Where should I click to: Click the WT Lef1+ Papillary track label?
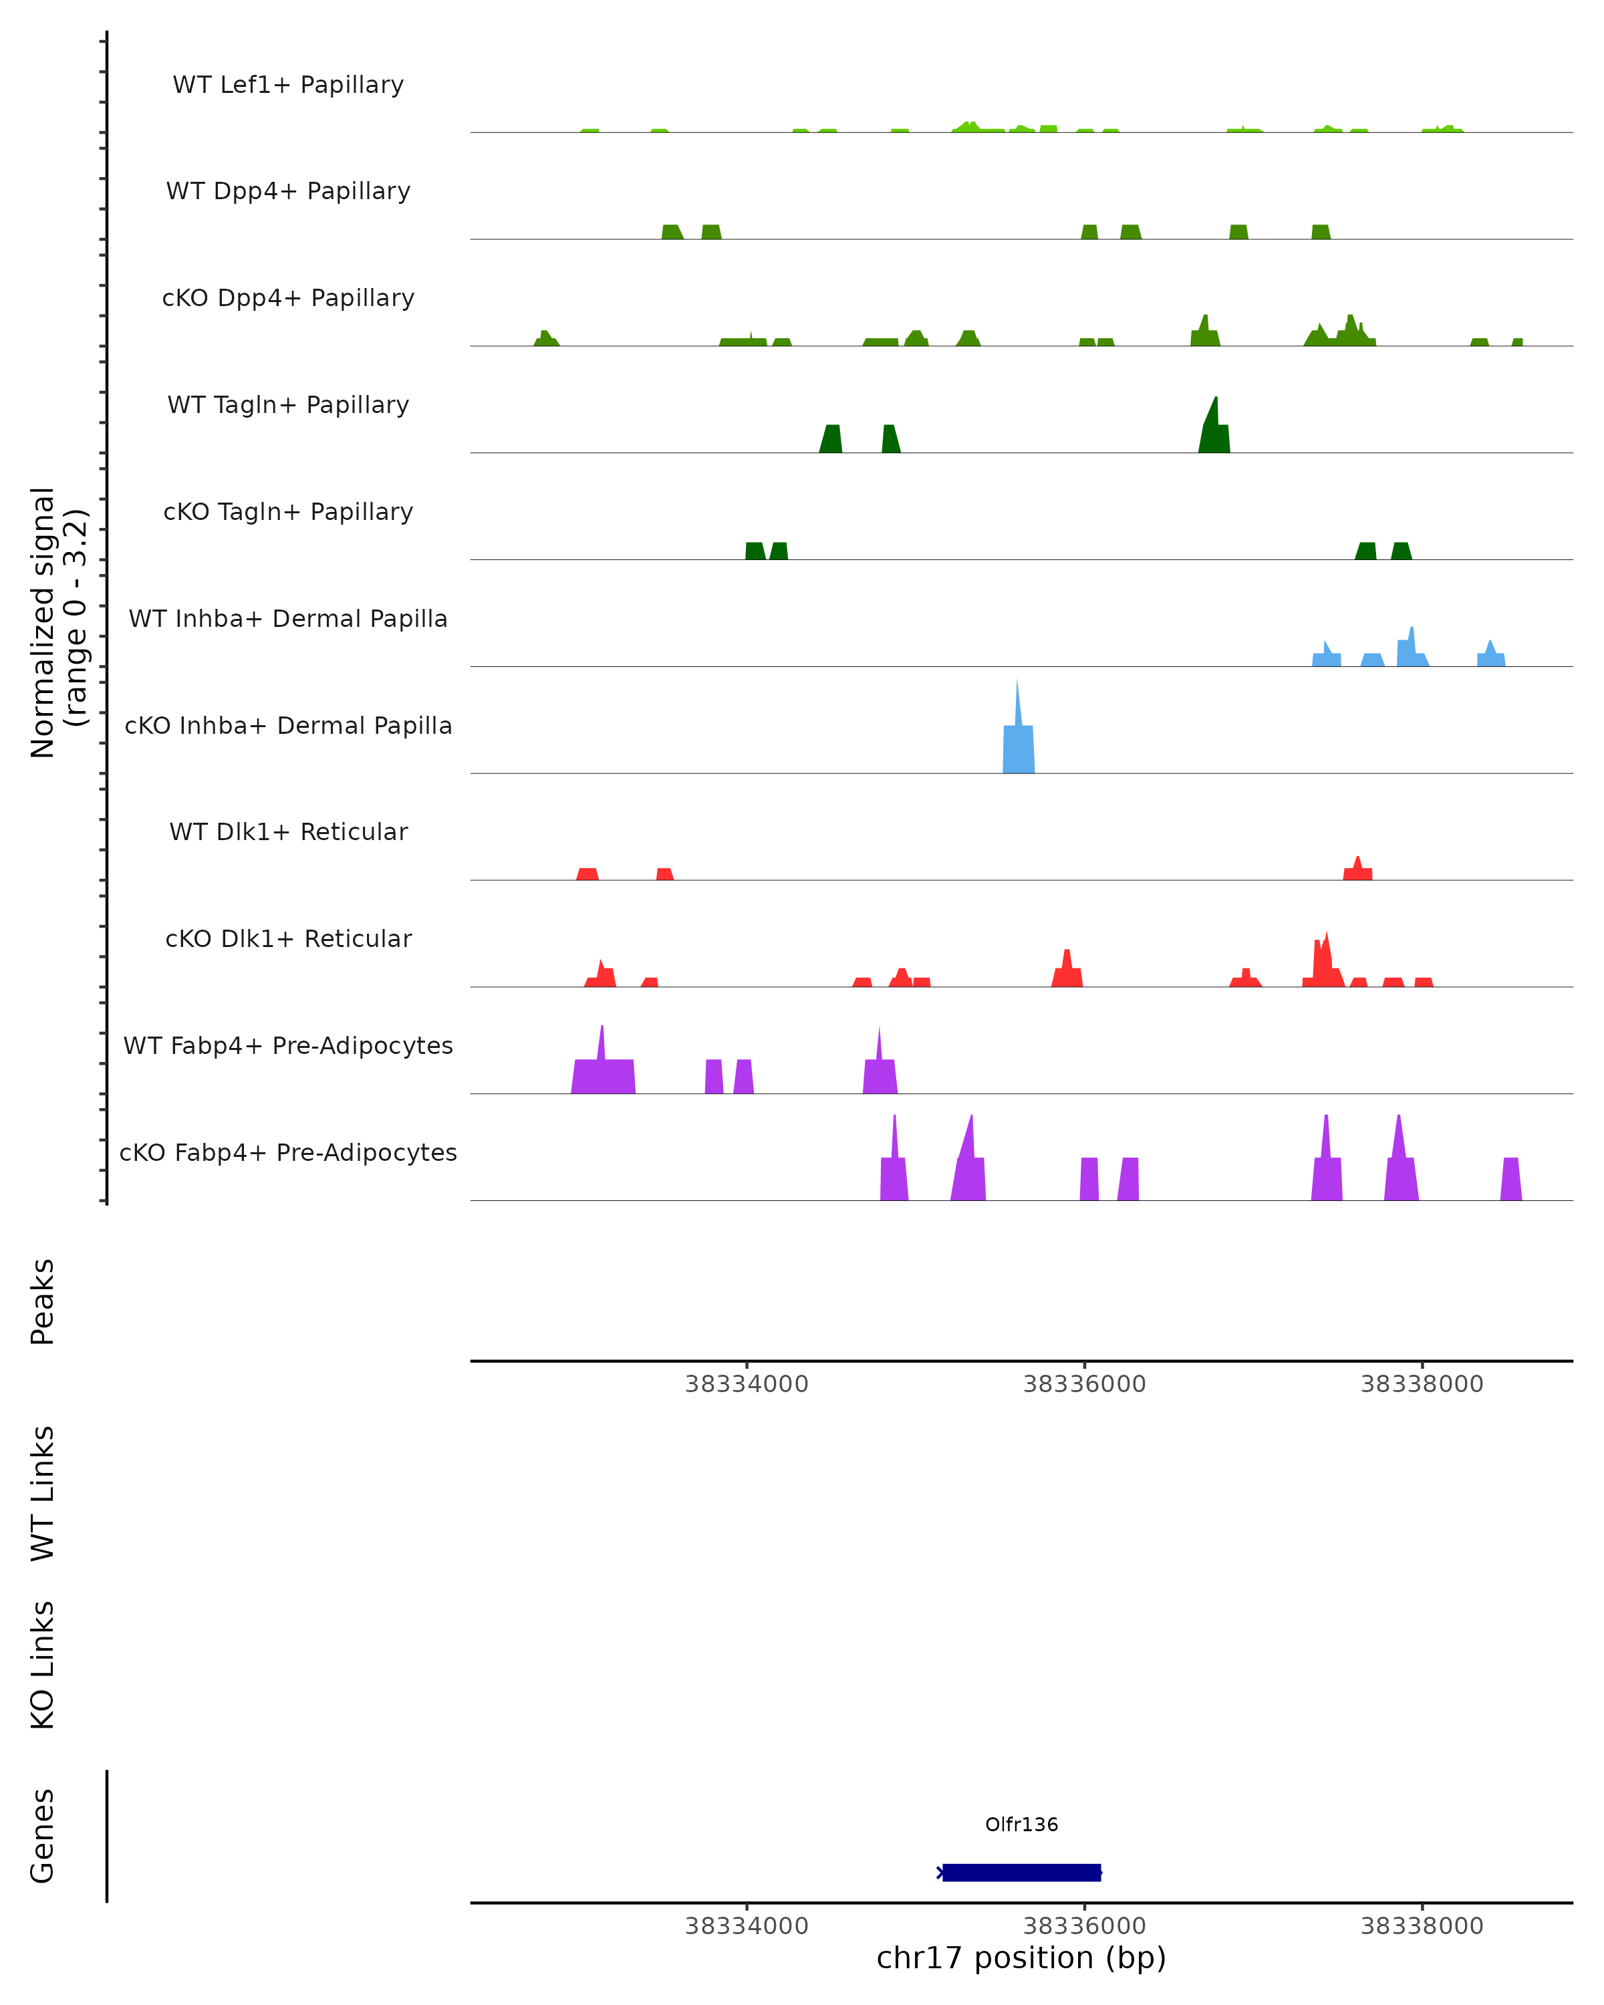(x=288, y=85)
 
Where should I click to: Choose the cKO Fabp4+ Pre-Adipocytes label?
(x=288, y=1152)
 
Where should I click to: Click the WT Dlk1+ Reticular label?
(x=288, y=831)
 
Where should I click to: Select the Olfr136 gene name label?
(x=1021, y=1825)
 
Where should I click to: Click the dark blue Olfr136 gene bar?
(x=1021, y=1872)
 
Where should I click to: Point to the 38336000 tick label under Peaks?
(x=1084, y=1385)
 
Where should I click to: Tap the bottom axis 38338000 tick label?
(x=1422, y=1927)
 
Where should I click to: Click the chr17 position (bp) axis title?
(x=1021, y=1958)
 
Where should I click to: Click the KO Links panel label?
(x=43, y=1665)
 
